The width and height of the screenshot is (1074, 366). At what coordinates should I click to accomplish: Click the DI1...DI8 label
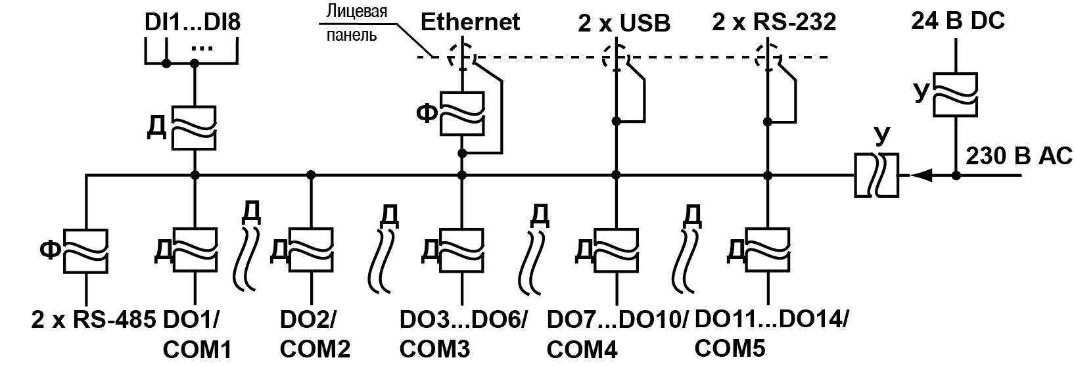pyautogui.click(x=193, y=23)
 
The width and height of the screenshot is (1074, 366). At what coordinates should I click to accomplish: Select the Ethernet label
pyautogui.click(x=471, y=22)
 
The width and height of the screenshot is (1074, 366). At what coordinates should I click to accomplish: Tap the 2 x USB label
pyautogui.click(x=624, y=24)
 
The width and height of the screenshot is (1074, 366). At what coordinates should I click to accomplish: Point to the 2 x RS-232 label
pyautogui.click(x=774, y=23)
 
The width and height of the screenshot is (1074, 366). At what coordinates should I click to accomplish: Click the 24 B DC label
pyautogui.click(x=958, y=22)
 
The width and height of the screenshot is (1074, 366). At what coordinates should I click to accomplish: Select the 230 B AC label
pyautogui.click(x=1018, y=158)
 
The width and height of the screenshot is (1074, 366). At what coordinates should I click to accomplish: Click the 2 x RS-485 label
pyautogui.click(x=93, y=320)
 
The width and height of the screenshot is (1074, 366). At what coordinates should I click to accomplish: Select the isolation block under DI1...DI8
pyautogui.click(x=195, y=128)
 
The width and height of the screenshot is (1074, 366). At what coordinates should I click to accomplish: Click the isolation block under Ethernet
pyautogui.click(x=462, y=114)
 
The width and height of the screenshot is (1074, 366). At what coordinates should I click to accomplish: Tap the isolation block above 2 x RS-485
pyautogui.click(x=86, y=250)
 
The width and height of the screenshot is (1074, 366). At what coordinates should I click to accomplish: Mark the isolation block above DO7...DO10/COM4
pyautogui.click(x=616, y=250)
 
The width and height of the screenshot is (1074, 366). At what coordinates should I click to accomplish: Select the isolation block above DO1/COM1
pyautogui.click(x=195, y=250)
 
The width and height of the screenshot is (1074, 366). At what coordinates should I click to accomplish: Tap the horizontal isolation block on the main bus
pyautogui.click(x=876, y=175)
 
